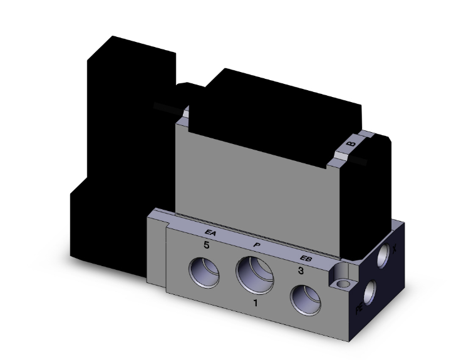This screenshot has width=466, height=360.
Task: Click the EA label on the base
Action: pos(211,234)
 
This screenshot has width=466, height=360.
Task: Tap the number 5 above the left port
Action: pos(205,246)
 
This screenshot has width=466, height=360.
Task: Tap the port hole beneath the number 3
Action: pos(306,301)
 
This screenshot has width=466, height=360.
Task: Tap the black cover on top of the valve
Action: pos(276,106)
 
